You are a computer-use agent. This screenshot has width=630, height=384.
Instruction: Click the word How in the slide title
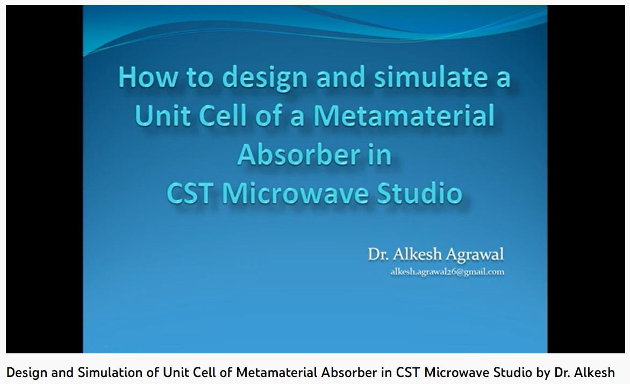coord(147,77)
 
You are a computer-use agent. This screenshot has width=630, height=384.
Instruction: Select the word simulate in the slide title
coord(431,77)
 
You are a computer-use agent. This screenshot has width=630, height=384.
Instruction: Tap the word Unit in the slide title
coord(163,116)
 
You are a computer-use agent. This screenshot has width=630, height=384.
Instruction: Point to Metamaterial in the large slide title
coord(404,116)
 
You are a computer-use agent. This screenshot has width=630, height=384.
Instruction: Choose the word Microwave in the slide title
coord(295,194)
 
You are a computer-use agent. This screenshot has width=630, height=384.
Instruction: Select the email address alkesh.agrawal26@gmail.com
coord(447,272)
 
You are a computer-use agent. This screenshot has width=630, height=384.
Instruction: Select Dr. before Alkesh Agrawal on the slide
coord(378,254)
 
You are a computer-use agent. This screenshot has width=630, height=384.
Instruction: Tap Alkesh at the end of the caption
coord(595,373)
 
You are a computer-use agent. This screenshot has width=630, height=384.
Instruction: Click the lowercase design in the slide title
coord(264,77)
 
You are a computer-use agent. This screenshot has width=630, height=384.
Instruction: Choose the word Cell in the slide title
coord(223,116)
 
